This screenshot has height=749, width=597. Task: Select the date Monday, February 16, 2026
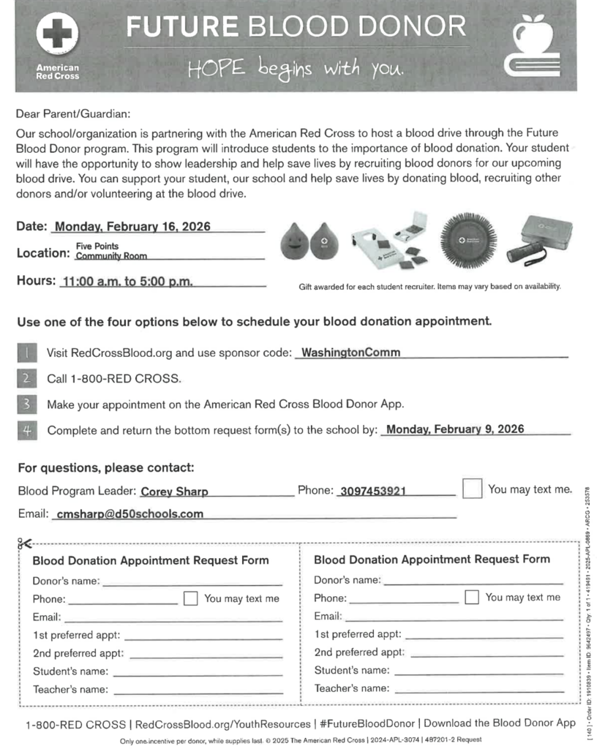coord(132,226)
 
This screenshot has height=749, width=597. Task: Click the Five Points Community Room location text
coord(111,252)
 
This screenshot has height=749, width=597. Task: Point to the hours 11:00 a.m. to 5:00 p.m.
coord(128,282)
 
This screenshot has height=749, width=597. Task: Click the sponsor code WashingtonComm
coord(350,352)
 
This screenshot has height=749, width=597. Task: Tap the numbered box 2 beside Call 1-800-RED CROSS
coord(26,378)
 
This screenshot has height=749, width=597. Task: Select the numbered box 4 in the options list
coord(26,430)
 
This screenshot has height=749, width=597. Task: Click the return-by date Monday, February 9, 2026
coord(454,429)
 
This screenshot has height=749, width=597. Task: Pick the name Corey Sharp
coord(174,492)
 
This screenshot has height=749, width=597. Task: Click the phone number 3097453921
coord(373,491)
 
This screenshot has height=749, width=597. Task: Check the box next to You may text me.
coord(472,489)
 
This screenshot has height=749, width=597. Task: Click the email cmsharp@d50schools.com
coord(129,513)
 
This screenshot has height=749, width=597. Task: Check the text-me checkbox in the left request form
coord(190,598)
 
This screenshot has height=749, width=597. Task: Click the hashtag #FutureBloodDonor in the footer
coord(368,723)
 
